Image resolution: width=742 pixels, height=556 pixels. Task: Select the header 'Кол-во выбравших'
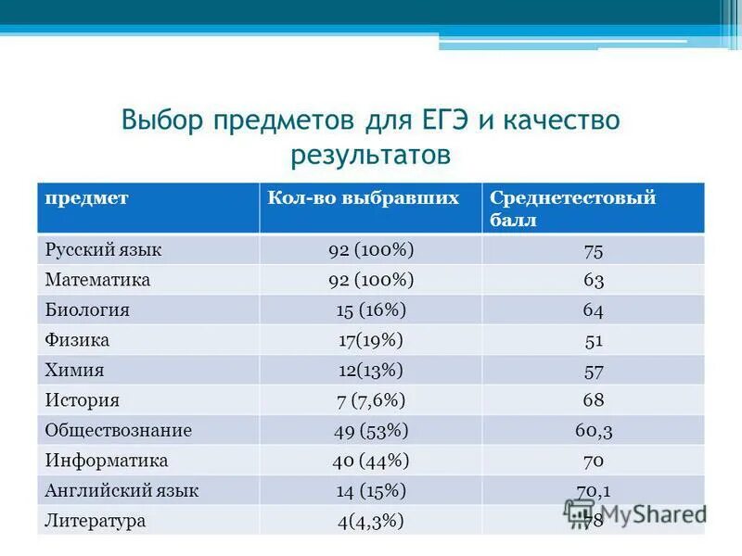[364, 198]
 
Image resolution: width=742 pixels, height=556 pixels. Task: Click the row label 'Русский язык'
[103, 250]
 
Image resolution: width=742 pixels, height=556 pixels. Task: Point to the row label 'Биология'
[87, 310]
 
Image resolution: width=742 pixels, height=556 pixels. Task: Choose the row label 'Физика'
[77, 340]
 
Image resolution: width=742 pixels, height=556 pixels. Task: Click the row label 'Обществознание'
[119, 430]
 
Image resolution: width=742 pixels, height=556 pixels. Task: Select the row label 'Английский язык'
[122, 490]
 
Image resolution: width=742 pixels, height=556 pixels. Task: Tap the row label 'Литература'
[96, 521]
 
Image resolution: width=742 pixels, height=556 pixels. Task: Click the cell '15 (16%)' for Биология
[371, 310]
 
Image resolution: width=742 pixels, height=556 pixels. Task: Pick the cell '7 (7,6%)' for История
[371, 400]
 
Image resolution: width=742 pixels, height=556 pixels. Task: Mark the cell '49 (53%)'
[371, 430]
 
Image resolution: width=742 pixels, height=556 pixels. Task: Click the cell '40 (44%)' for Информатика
[371, 461]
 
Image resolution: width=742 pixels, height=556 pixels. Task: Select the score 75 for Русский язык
[594, 250]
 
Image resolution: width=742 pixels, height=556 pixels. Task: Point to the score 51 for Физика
[594, 340]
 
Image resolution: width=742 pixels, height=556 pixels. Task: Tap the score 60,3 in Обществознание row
[594, 430]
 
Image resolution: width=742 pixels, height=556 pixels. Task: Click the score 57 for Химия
[594, 371]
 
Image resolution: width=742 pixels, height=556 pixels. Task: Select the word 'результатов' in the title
[370, 154]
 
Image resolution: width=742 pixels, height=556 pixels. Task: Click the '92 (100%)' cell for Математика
[371, 280]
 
